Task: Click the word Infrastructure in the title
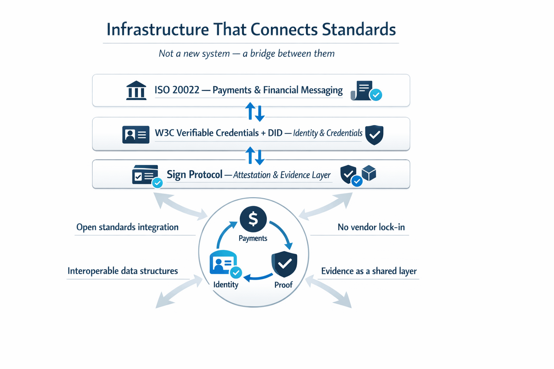click(x=158, y=30)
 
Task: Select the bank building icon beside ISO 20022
click(x=136, y=90)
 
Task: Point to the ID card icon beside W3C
click(x=136, y=135)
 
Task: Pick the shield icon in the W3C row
click(x=374, y=135)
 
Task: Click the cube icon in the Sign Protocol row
click(x=369, y=173)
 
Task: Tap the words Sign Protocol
click(x=194, y=175)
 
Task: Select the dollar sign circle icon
click(x=253, y=219)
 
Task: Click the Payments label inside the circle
click(x=253, y=238)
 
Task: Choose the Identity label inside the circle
click(x=226, y=285)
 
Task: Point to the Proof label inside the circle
click(x=283, y=285)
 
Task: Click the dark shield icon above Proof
click(x=284, y=264)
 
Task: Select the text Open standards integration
click(x=127, y=227)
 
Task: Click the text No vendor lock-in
click(x=371, y=227)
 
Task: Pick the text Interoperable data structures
click(x=123, y=271)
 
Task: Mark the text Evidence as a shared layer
click(x=369, y=271)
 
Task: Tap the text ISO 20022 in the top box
click(x=177, y=90)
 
